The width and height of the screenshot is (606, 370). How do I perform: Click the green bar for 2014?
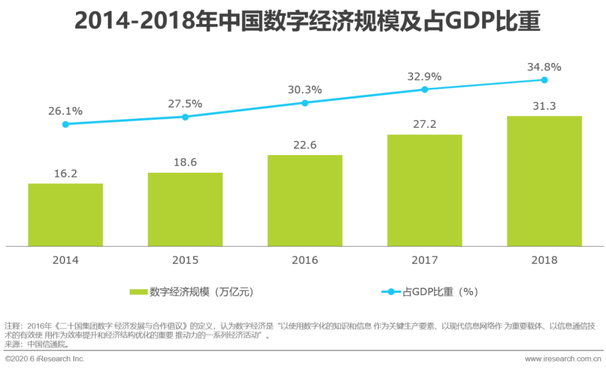point(66,215)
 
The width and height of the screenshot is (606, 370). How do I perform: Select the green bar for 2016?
point(305,200)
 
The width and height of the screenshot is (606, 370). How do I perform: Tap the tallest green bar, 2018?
point(544,181)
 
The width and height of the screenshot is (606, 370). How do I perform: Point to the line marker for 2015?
point(185,117)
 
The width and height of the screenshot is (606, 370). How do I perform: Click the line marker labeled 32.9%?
point(425,90)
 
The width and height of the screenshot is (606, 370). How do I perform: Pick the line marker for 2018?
point(544,80)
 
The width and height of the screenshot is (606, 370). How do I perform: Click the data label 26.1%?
point(66,111)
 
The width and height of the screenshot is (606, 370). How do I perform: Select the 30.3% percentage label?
point(305,90)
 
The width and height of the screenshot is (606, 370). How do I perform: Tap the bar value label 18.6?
point(185,163)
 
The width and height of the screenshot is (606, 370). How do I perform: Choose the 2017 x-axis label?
point(425,260)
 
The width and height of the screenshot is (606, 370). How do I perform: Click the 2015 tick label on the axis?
point(185,260)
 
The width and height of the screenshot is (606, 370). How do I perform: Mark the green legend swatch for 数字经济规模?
point(139,292)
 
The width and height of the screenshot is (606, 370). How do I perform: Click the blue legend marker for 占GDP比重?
point(391,292)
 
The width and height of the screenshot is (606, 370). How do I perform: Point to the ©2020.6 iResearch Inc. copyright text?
point(45,358)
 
